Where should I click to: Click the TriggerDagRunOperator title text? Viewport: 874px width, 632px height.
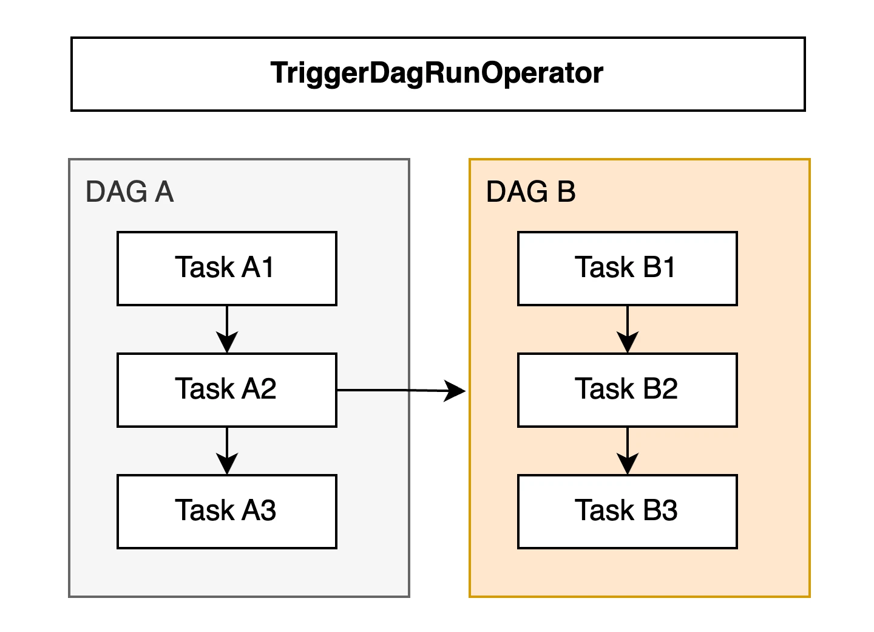point(437,73)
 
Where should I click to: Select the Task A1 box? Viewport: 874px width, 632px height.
point(227,269)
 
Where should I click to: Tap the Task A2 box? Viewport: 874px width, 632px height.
point(227,390)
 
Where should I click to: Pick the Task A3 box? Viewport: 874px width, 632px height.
point(227,511)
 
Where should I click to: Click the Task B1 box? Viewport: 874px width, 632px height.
point(628,269)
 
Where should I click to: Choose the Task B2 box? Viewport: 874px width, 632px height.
point(628,390)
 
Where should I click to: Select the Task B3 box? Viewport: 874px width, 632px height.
point(628,511)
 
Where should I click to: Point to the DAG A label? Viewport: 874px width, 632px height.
point(129,192)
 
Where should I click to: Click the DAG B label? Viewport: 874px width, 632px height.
point(531,192)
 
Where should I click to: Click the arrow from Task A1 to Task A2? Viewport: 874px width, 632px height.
point(227,329)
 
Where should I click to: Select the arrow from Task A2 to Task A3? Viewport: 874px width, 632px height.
point(227,451)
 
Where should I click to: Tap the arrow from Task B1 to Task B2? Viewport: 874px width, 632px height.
point(628,329)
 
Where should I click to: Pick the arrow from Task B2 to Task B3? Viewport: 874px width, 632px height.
point(628,451)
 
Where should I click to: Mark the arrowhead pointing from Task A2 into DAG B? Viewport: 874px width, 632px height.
point(456,391)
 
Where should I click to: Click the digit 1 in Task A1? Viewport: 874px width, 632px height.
point(268,267)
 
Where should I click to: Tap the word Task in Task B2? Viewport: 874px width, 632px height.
point(605,388)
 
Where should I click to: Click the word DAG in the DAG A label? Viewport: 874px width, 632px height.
point(117,192)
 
